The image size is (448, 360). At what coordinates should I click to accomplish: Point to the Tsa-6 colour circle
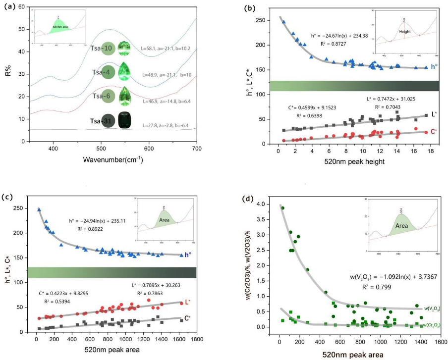coord(108,96)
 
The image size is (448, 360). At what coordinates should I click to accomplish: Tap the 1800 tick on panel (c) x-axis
coord(197,340)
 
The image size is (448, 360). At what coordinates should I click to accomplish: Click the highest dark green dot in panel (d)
coord(282,208)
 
